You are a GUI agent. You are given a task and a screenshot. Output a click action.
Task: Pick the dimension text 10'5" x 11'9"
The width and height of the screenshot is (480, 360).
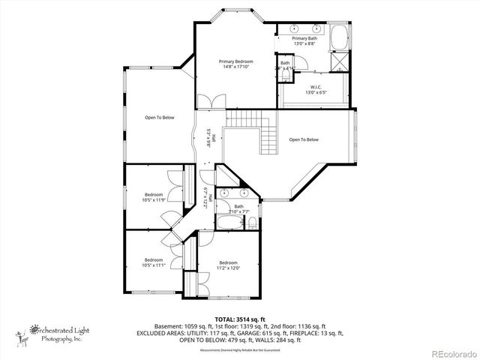tap(154, 199)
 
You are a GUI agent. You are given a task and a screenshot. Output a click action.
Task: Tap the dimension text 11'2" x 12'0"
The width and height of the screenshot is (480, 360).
tap(228, 268)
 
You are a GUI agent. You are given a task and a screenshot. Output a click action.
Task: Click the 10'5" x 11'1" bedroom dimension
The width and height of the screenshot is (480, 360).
tap(154, 265)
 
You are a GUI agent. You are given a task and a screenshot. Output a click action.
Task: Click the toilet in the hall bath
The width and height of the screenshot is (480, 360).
tap(253, 223)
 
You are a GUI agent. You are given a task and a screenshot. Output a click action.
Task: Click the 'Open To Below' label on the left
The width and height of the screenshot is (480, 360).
tap(160, 117)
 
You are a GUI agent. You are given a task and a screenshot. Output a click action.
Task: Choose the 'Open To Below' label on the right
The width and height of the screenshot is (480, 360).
tap(304, 139)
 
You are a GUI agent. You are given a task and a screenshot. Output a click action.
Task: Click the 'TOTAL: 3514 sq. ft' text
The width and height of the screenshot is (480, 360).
tap(239, 319)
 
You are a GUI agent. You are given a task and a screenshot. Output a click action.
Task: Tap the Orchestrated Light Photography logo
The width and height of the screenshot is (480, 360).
tap(52, 331)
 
